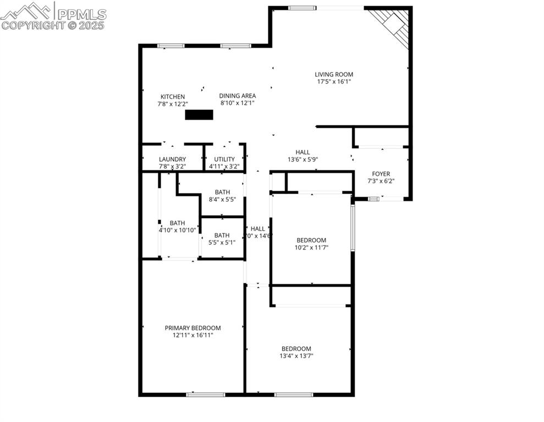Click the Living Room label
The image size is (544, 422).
point(333,74)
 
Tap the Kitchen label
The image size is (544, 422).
point(173,97)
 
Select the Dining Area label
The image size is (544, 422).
point(237,96)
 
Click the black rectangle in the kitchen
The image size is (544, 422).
point(199,115)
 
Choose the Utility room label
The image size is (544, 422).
point(224,159)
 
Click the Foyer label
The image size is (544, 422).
point(381,174)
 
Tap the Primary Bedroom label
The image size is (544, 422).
point(193,328)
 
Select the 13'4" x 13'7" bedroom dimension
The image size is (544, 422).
point(296,356)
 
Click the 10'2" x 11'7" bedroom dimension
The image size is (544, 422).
point(311,247)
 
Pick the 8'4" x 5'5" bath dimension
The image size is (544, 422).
point(222,199)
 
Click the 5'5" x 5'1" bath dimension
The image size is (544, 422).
point(222,242)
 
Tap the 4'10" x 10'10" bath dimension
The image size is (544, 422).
point(178,230)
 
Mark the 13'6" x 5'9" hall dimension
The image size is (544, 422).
point(303,159)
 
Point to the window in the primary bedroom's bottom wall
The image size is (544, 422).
point(205,394)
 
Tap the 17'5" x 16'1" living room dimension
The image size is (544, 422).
point(333,81)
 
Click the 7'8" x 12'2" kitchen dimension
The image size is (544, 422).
point(173,103)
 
